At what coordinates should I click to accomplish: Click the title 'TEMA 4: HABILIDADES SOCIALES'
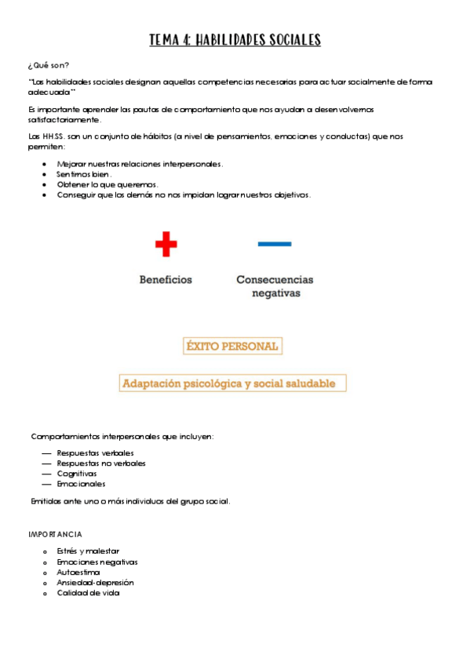(235, 40)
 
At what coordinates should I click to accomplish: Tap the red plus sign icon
(166, 244)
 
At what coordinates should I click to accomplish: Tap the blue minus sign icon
(275, 244)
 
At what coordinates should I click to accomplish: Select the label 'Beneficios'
(166, 279)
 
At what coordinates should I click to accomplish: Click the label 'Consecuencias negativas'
(275, 286)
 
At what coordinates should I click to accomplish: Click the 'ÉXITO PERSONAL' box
(231, 346)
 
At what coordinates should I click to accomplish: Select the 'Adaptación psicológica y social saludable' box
(233, 383)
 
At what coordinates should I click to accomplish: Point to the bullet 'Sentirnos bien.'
(85, 174)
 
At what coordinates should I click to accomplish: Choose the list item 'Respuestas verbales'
(95, 453)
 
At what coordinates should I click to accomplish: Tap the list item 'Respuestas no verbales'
(101, 463)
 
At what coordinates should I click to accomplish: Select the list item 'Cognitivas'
(77, 474)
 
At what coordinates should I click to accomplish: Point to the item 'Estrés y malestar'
(88, 551)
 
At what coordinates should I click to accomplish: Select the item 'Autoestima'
(78, 572)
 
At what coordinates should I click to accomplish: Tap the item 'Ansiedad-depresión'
(95, 583)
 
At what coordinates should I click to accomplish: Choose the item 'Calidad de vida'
(88, 593)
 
